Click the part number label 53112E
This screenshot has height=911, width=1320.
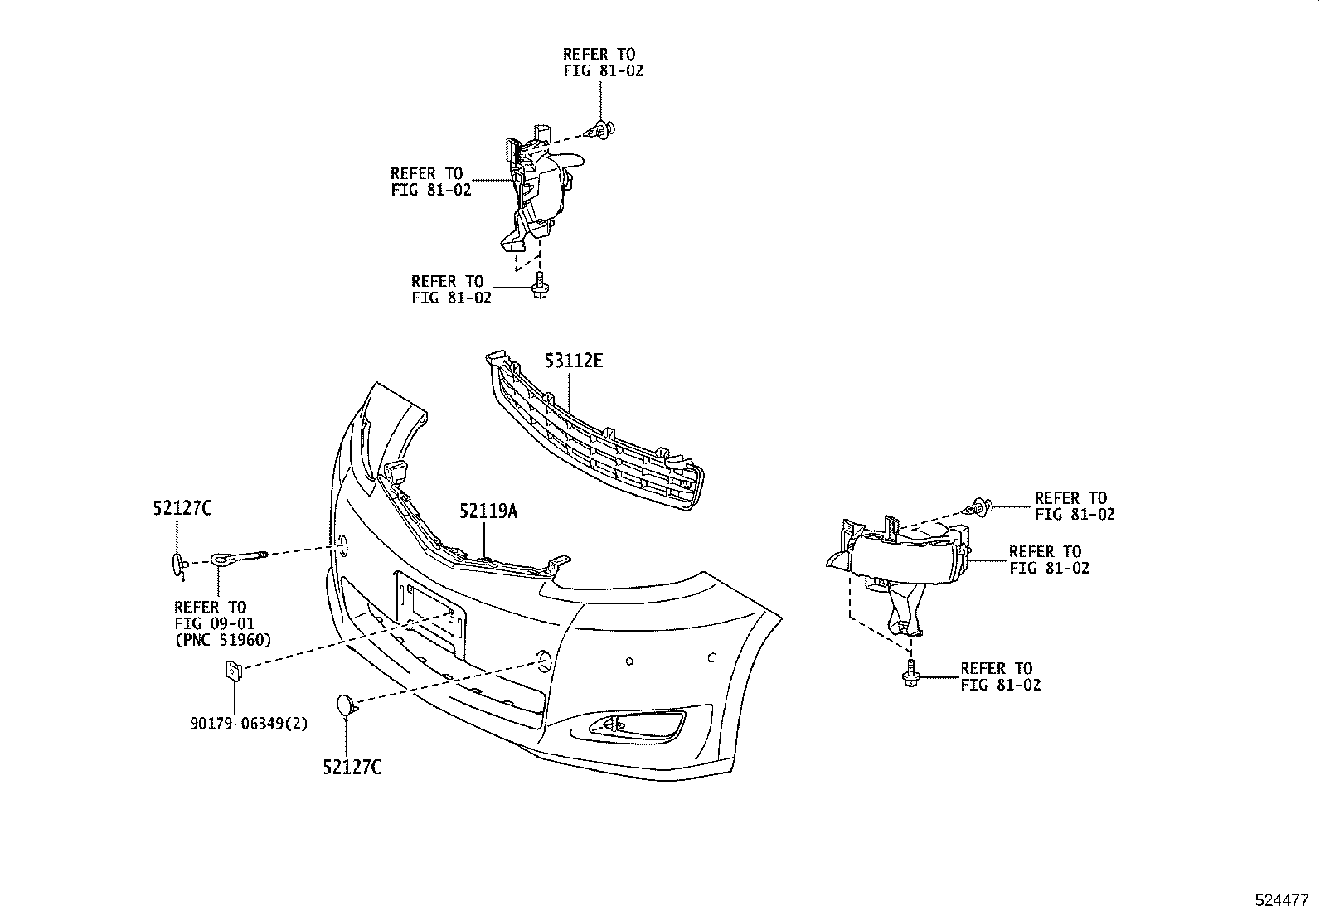[x=574, y=361]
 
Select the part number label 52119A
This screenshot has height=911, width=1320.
[x=488, y=512]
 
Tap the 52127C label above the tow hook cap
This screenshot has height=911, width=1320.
[x=182, y=509]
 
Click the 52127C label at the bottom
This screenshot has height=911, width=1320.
[x=352, y=768]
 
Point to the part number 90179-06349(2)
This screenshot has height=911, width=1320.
[x=249, y=724]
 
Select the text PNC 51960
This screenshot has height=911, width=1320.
[x=223, y=639]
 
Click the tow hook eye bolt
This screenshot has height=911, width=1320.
[x=240, y=560]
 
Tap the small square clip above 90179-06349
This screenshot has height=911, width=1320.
[x=233, y=669]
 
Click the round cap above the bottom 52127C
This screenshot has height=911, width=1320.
[x=346, y=705]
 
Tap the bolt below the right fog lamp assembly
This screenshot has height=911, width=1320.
[x=910, y=674]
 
